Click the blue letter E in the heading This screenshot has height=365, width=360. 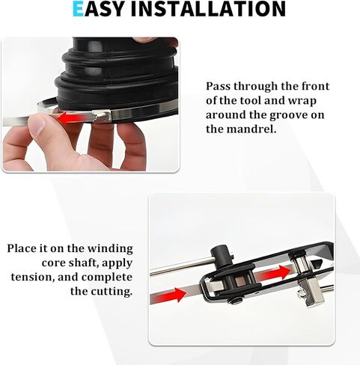[78, 8]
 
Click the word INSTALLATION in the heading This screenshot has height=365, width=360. [208, 8]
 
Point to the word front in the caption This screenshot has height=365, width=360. [315, 86]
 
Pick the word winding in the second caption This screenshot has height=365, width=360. [110, 249]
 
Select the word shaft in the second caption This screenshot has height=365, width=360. [83, 263]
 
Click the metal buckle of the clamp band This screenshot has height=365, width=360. [103, 116]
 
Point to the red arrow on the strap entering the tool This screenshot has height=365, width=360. [168, 295]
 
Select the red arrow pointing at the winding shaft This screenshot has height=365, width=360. [275, 273]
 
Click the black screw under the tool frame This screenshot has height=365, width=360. [234, 301]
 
